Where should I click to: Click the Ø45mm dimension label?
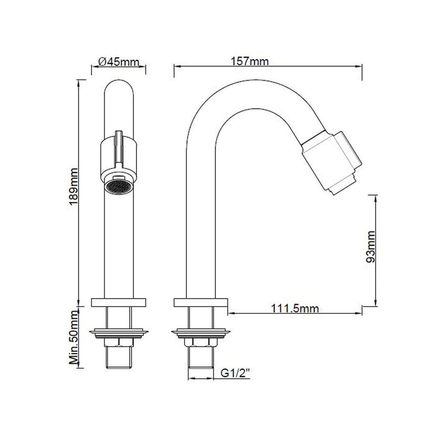coord(119,62)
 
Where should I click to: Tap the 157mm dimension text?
coord(250,61)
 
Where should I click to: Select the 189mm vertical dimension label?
coord(73,187)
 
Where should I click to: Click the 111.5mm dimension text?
coord(295,308)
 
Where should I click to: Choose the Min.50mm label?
coord(74,337)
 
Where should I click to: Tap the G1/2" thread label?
coord(235,373)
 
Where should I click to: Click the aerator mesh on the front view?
coord(118,187)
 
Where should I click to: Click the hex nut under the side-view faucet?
coord(200,342)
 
